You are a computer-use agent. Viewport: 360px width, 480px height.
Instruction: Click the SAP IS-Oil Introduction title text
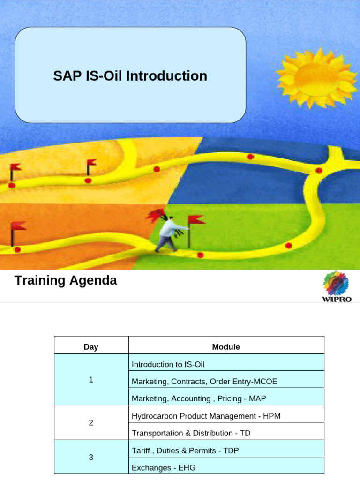130,76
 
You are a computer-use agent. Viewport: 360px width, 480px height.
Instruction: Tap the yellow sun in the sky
318,77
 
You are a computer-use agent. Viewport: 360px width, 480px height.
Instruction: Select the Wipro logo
336,286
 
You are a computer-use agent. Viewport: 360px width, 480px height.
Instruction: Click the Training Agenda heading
66,281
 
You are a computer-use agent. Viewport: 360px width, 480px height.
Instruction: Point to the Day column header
91,347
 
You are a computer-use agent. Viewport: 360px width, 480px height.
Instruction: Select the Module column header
225,347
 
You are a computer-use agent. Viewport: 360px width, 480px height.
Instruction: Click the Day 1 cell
91,380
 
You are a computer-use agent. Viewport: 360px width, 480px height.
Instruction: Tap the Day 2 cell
91,423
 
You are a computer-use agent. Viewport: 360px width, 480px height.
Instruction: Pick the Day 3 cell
91,457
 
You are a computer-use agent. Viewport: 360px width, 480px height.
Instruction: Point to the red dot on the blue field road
250,157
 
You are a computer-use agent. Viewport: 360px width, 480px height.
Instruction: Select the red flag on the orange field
18,227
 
